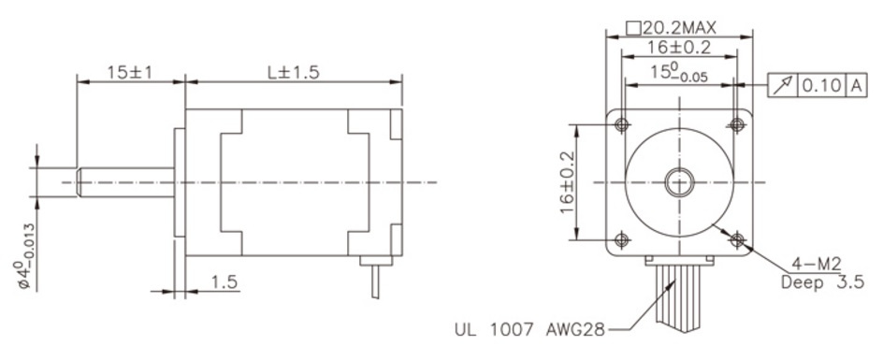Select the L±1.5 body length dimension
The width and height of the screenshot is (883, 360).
293,72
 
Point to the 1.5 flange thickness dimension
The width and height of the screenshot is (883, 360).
224,281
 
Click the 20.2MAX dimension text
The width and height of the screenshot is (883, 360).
672,28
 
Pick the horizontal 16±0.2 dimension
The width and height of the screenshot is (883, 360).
678,48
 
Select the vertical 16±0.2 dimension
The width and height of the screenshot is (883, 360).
567,182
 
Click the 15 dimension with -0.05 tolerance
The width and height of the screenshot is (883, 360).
679,73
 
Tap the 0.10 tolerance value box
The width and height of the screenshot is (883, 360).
821,86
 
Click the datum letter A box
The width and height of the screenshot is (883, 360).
856,86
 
